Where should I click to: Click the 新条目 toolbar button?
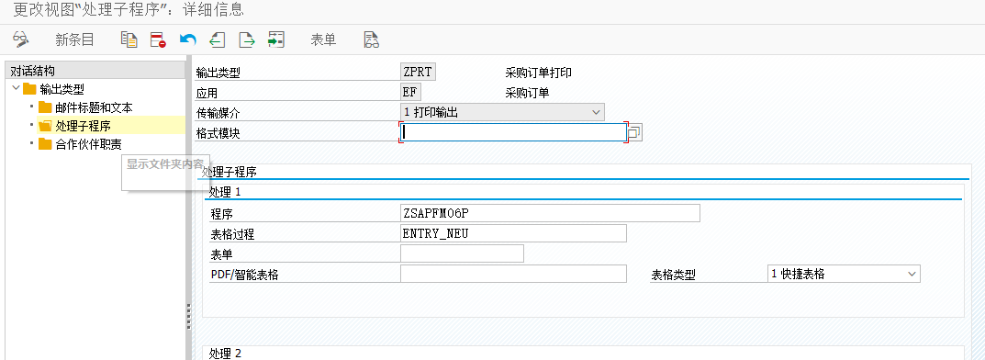point(74,39)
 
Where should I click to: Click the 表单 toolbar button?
point(323,39)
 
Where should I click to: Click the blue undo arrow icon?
point(188,39)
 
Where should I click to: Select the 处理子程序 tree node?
point(83,126)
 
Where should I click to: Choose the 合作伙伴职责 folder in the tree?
point(88,144)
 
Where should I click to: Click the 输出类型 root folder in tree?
point(62,89)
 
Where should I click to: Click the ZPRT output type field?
point(417,72)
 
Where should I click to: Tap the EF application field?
point(409,92)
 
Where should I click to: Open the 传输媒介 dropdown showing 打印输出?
point(502,112)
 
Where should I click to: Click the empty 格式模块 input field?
point(512,132)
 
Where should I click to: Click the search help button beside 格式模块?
point(634,132)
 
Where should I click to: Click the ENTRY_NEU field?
point(512,233)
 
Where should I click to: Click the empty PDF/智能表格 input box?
point(512,274)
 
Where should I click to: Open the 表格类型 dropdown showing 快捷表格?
point(844,274)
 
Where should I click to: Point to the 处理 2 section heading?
point(224,354)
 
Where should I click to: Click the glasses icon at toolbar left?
point(21,39)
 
